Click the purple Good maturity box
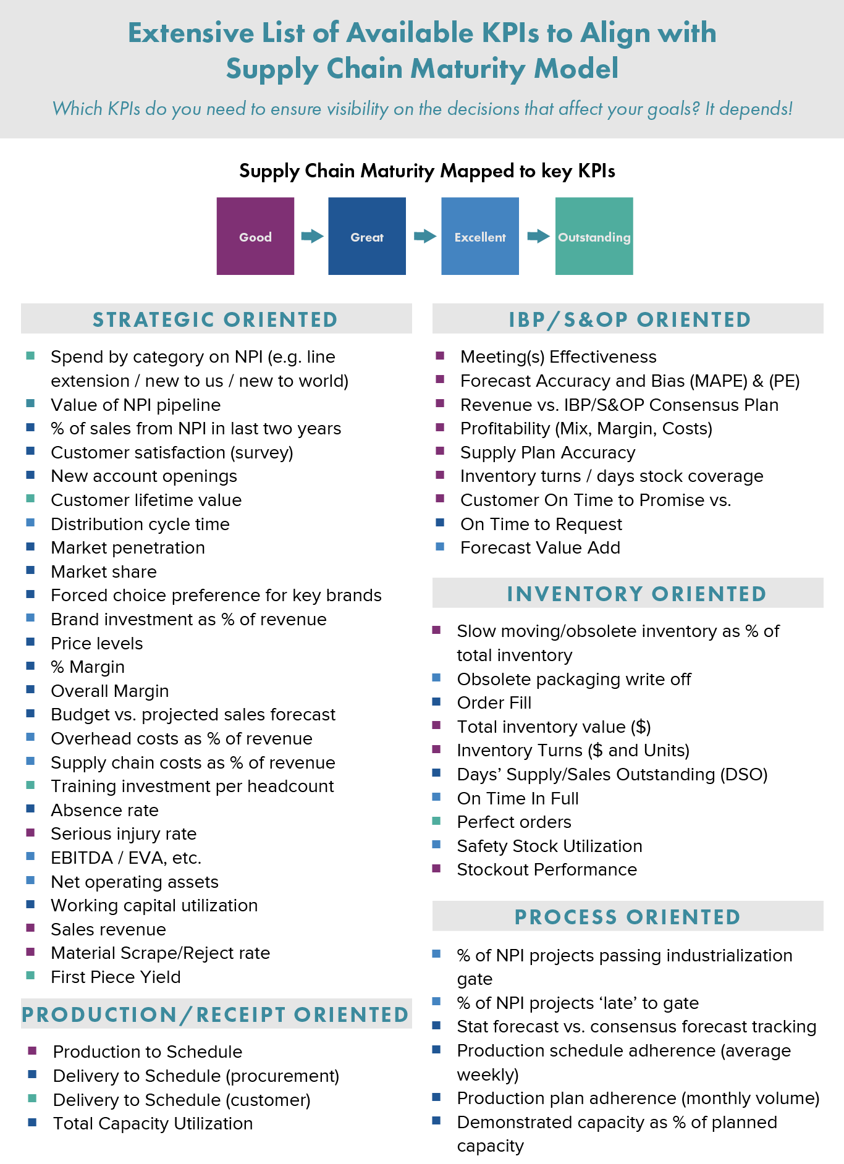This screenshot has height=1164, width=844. (255, 236)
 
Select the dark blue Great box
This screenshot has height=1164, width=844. (367, 236)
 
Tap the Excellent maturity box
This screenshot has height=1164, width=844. (480, 236)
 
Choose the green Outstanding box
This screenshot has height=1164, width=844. (594, 236)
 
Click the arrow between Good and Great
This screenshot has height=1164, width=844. (312, 236)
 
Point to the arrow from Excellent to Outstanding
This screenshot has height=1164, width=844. (538, 236)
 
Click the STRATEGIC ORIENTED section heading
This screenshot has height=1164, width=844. (215, 319)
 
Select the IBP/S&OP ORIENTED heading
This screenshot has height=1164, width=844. (630, 319)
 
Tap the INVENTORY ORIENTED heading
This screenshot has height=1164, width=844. (636, 594)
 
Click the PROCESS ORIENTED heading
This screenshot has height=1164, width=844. (628, 917)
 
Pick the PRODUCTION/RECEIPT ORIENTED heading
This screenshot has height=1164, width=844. (215, 1014)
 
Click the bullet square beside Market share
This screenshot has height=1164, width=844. (30, 570)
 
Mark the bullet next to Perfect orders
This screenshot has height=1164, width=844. (436, 820)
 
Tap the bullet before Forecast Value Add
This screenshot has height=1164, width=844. (440, 546)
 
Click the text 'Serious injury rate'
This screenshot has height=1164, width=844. (124, 834)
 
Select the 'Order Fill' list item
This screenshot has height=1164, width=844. (494, 703)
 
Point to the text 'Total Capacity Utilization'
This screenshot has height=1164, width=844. (153, 1124)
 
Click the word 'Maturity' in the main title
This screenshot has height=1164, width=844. (468, 69)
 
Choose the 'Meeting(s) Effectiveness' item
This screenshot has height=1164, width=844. (559, 357)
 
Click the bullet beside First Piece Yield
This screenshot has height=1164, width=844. (30, 976)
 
